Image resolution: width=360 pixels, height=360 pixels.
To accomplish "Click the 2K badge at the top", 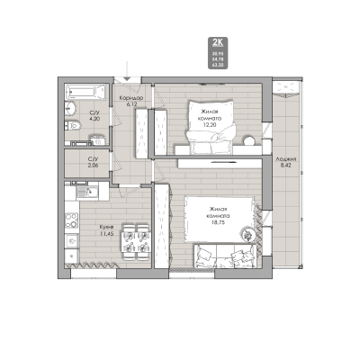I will pos(218,41).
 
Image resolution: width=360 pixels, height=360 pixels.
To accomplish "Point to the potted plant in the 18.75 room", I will pos(246,234).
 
